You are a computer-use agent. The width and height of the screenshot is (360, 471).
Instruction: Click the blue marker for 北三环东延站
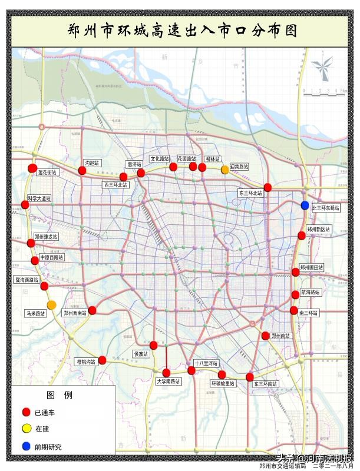(x=305, y=205)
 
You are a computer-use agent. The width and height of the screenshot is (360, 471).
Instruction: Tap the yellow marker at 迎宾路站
(x=225, y=170)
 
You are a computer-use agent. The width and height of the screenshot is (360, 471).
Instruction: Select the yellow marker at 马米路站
(x=52, y=304)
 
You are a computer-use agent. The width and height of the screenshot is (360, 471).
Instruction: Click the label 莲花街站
(x=47, y=173)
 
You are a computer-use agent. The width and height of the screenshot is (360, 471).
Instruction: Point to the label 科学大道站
(x=39, y=198)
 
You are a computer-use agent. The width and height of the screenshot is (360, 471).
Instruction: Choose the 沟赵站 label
(x=93, y=162)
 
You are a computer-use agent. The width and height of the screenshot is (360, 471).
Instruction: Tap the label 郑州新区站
(x=319, y=229)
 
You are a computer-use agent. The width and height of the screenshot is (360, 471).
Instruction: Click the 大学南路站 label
(x=169, y=382)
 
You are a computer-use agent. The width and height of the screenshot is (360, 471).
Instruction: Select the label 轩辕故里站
(x=223, y=383)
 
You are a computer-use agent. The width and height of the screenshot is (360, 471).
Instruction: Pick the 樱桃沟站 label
(x=86, y=363)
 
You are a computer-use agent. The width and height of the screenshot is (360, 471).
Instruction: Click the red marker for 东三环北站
(x=267, y=187)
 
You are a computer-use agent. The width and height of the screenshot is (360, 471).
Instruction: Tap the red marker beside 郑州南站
(x=266, y=336)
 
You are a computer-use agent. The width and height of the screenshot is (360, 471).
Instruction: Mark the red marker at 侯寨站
(x=154, y=345)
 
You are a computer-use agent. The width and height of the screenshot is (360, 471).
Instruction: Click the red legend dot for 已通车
(x=25, y=412)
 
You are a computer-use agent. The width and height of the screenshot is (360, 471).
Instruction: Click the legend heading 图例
(x=59, y=395)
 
